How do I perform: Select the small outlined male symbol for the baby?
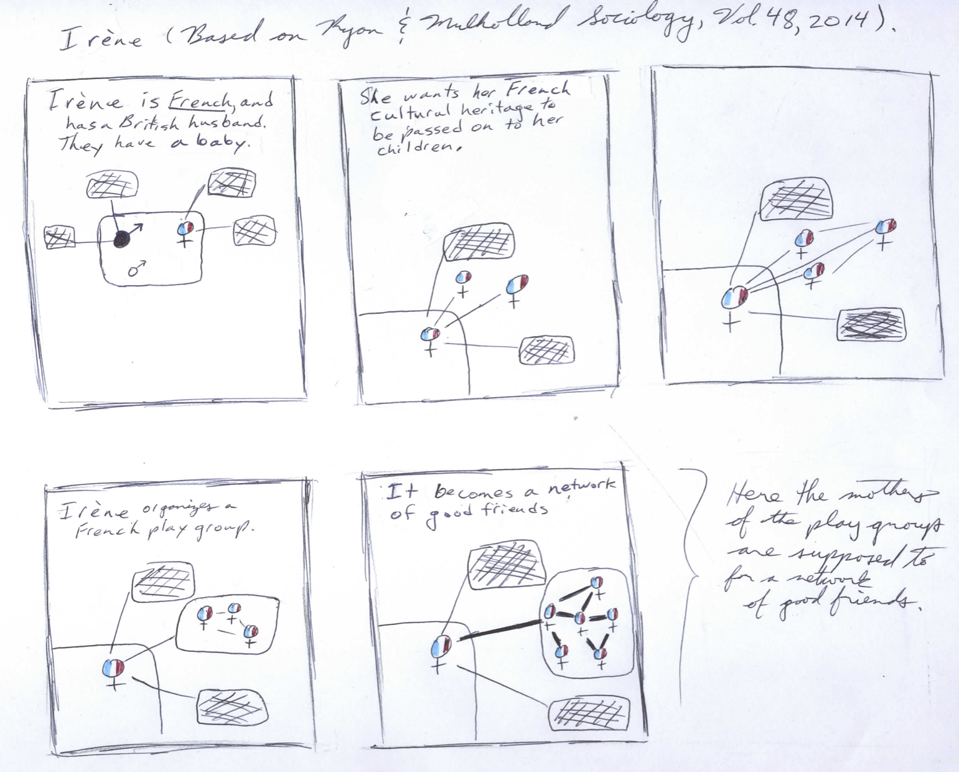136,268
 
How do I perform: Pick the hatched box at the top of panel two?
479,243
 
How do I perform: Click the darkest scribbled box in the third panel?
870,324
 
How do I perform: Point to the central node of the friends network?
580,619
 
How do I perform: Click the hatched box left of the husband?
60,237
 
